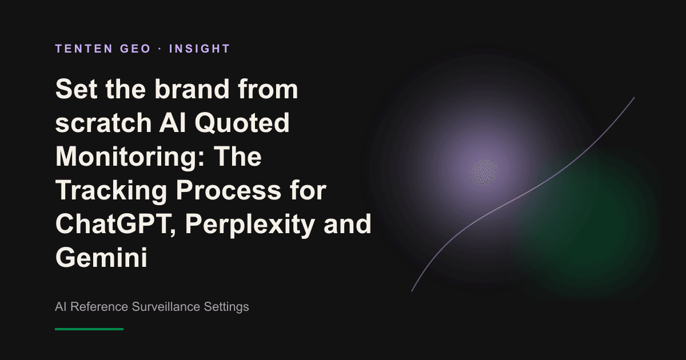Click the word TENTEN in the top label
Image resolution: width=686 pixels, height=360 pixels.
(x=84, y=49)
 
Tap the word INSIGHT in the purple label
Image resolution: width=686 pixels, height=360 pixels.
(x=200, y=49)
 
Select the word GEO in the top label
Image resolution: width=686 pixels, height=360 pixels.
(x=135, y=49)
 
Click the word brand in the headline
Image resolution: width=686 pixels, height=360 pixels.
(x=192, y=89)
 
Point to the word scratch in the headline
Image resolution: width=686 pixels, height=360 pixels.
(x=103, y=123)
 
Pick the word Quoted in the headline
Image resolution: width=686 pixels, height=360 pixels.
(x=242, y=123)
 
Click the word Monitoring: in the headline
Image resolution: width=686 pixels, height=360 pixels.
(x=130, y=157)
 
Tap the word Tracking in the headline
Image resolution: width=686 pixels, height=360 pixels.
(x=111, y=191)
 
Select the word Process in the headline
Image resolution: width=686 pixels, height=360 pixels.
(x=229, y=191)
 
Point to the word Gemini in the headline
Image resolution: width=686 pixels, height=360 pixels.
(x=101, y=258)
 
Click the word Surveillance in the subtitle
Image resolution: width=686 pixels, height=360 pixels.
(x=166, y=307)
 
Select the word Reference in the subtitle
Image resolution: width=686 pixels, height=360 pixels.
(x=99, y=307)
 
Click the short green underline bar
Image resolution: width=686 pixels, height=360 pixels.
(x=89, y=329)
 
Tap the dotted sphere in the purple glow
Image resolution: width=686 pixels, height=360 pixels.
(x=483, y=173)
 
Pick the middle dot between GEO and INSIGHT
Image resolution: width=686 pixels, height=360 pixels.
(x=160, y=49)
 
